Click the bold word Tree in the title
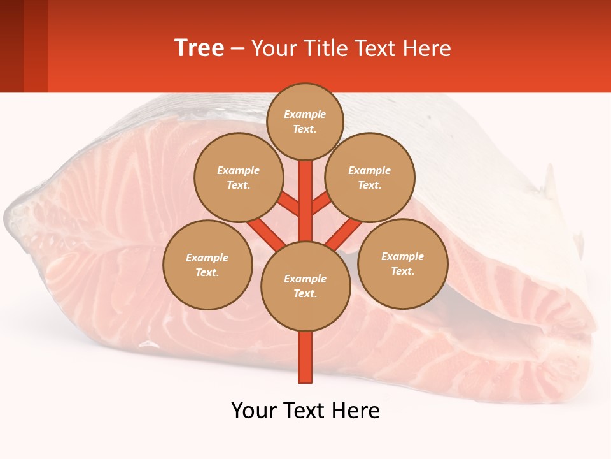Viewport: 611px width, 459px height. (x=199, y=48)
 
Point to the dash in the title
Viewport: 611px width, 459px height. (x=237, y=49)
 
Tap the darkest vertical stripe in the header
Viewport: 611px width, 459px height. (x=11, y=46)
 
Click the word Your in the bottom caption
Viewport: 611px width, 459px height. (x=254, y=411)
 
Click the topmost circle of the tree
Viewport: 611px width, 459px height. (x=305, y=121)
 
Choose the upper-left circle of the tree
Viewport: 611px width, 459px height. (x=238, y=177)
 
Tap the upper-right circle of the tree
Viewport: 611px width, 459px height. (x=370, y=177)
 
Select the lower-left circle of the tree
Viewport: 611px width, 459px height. (x=207, y=265)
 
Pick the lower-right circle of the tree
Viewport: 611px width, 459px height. (x=402, y=263)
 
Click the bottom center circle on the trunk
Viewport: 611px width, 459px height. (x=305, y=286)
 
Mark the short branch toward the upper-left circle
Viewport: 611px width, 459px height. (x=290, y=204)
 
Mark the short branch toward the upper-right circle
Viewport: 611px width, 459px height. (x=321, y=204)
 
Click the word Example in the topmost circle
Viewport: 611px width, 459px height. (x=305, y=114)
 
